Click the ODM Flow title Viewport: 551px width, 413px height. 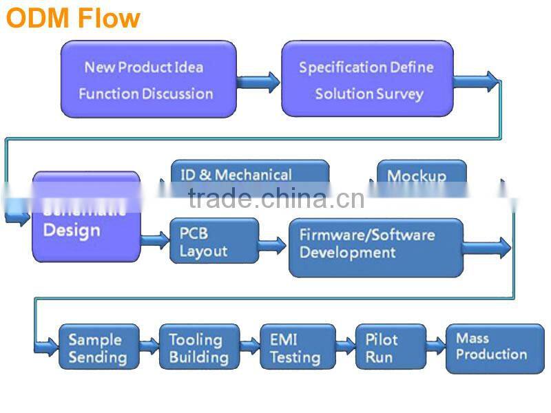[x=73, y=17]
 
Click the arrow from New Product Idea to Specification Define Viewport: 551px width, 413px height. [x=258, y=82]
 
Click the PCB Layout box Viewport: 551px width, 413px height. [x=214, y=241]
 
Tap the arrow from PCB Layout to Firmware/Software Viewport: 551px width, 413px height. [x=273, y=244]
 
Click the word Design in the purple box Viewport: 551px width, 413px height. [x=72, y=230]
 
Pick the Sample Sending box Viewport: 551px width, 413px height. [x=98, y=348]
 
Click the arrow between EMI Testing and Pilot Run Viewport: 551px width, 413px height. [x=346, y=344]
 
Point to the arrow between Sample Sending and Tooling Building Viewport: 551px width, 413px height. [x=149, y=344]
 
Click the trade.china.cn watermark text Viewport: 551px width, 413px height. [x=275, y=199]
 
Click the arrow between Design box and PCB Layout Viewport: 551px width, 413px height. [x=155, y=240]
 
